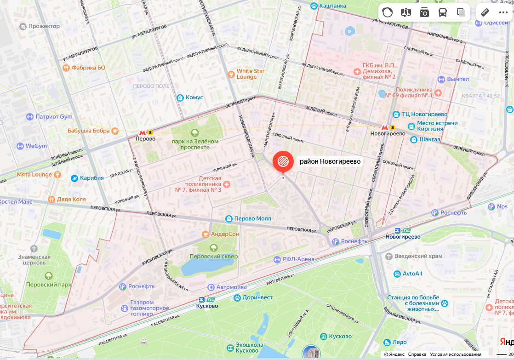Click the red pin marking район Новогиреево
point(283,161)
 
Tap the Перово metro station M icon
point(143,132)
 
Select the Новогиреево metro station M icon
point(385,127)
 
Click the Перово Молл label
point(252,219)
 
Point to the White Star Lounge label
point(251,74)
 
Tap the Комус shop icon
point(180,97)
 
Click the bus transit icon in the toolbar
point(442,12)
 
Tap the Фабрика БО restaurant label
point(88,68)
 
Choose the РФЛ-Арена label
point(298,259)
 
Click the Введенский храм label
point(418,256)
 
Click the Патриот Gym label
point(54,117)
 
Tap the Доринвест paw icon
point(237,297)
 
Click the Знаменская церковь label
point(34,260)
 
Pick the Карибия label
point(92,178)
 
